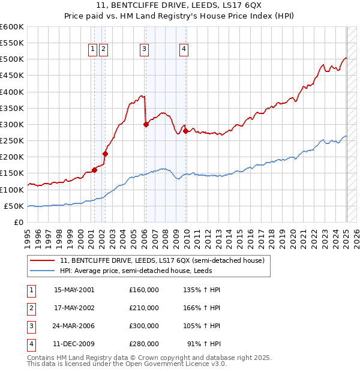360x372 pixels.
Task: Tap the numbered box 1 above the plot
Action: (x=94, y=50)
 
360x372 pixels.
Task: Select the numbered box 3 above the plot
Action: (x=145, y=50)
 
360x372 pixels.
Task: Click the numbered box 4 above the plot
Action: (x=184, y=50)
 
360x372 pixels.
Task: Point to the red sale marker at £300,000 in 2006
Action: (x=146, y=125)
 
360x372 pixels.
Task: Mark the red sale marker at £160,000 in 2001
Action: (x=95, y=170)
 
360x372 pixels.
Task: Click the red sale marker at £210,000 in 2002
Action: (x=105, y=154)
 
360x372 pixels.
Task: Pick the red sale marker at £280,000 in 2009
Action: (x=185, y=131)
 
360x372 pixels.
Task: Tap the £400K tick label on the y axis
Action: (x=12, y=92)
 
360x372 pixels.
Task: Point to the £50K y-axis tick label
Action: (x=14, y=206)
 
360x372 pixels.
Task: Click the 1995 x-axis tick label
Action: (x=28, y=236)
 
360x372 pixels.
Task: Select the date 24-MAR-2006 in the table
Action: (x=74, y=326)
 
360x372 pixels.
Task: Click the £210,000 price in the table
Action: (x=144, y=308)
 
